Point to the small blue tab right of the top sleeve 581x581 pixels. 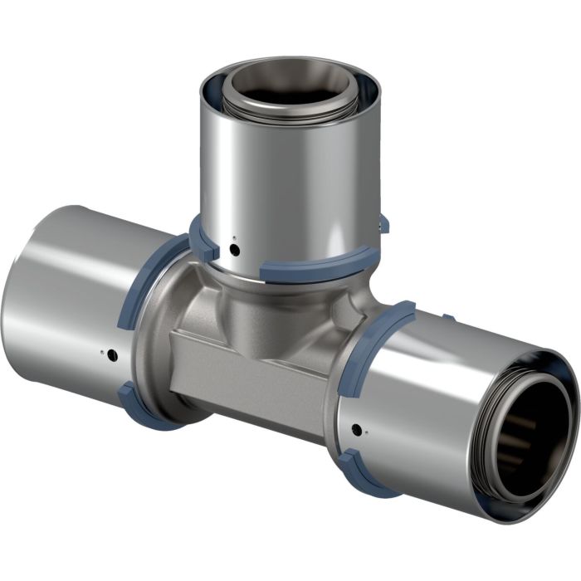coord(383,222)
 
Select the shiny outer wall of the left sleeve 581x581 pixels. coord(75,299)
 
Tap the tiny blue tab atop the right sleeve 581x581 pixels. coord(447,316)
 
